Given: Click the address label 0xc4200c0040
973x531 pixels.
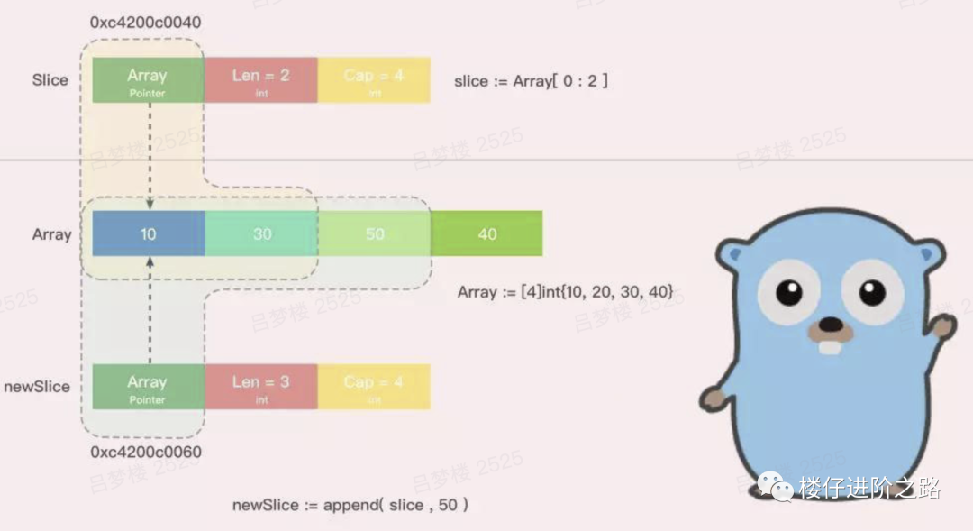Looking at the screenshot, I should coord(145,21).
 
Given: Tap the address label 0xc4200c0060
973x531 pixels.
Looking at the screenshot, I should coord(145,452).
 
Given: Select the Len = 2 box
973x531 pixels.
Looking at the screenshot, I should coord(261,80).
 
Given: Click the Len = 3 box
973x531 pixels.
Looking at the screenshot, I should coord(261,387).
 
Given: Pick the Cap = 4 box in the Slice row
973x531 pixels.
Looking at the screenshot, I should coord(374,80).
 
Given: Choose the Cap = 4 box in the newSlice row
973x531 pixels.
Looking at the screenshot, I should coord(374,387).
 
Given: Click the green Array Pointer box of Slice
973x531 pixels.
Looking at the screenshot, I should coord(148,80).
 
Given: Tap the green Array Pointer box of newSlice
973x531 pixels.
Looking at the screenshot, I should coord(148,387).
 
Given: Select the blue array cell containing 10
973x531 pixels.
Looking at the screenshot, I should coord(148,234).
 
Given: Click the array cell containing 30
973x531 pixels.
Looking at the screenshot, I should coord(261,234).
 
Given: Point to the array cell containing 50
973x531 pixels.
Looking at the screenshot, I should coord(374,234).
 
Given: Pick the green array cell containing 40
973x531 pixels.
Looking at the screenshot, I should coord(486,234).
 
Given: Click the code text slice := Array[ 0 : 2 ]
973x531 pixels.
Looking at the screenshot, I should coord(531,80).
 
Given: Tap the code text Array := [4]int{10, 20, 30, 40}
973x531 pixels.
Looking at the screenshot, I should coord(565,292).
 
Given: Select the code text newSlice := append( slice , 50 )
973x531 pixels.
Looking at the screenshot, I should coord(350,505).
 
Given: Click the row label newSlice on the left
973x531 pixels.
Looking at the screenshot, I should coord(37,387).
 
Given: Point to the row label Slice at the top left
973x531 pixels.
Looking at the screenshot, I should coord(50,80).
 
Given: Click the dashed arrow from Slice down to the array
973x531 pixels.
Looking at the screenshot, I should coord(150,153).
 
